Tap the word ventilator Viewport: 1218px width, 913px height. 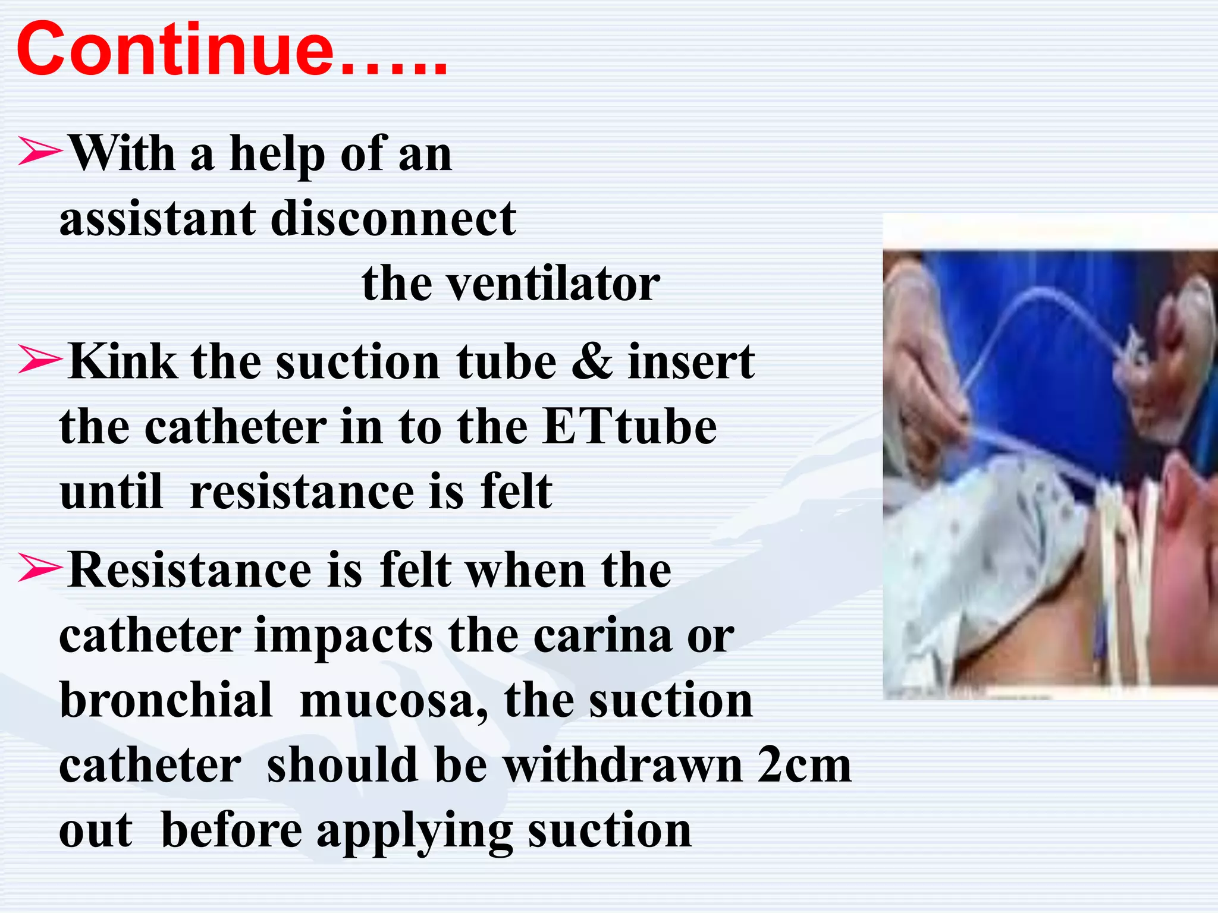[553, 284]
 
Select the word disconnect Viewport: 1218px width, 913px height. [393, 219]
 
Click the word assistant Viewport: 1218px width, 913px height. [158, 219]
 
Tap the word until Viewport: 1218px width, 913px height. [111, 492]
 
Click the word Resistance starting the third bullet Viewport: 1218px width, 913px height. [190, 569]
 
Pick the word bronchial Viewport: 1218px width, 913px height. [166, 700]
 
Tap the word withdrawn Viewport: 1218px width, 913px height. [623, 766]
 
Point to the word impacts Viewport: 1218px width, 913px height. [344, 635]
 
